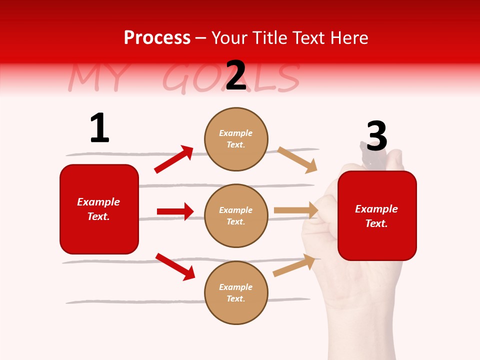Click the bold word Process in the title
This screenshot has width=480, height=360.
pos(157,38)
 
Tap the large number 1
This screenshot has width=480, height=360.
pos(99,128)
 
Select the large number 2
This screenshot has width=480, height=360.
pos(236,75)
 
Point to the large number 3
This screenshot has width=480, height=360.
pos(376,136)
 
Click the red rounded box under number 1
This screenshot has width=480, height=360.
pos(99,209)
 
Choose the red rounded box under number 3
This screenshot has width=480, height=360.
pos(377,215)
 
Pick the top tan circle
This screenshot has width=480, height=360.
pos(236,139)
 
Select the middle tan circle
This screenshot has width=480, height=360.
pos(236,215)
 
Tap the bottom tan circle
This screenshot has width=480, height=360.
pos(236,292)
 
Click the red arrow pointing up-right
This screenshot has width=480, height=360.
pos(174,159)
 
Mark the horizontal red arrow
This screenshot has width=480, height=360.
pos(175,211)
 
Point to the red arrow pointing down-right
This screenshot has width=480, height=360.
pos(175,266)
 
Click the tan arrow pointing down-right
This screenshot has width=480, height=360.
pos(297,159)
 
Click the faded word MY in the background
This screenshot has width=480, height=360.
pos(96,78)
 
